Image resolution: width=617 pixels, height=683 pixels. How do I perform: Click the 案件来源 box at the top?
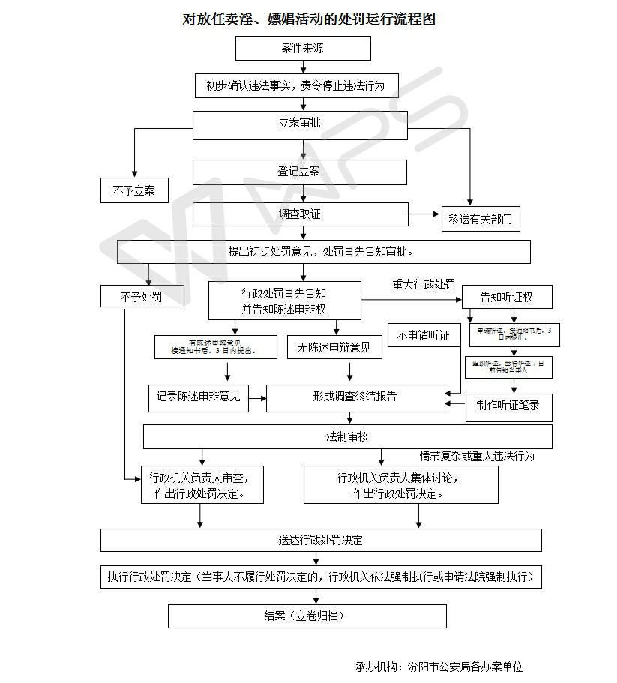pyautogui.click(x=303, y=49)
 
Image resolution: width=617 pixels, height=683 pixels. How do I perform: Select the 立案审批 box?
pyautogui.click(x=300, y=124)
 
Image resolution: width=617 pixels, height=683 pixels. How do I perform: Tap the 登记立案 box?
pyautogui.click(x=300, y=172)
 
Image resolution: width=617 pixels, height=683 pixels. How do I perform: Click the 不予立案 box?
pyautogui.click(x=134, y=190)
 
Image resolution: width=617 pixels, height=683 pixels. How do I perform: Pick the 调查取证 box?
pyautogui.click(x=300, y=214)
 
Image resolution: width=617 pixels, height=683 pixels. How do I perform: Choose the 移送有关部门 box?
pyautogui.click(x=480, y=219)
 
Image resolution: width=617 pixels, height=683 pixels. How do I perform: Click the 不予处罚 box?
pyautogui.click(x=142, y=297)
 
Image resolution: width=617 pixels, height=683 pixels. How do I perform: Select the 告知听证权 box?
pyautogui.click(x=507, y=297)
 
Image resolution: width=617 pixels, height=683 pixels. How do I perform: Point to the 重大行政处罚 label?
pyautogui.click(x=424, y=285)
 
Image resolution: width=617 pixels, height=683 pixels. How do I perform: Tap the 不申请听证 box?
pyautogui.click(x=424, y=335)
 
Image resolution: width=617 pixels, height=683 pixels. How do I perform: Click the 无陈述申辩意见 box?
pyautogui.click(x=334, y=346)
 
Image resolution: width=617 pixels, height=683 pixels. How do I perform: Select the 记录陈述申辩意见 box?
pyautogui.click(x=198, y=397)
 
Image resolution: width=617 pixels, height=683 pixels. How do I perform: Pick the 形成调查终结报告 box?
pyautogui.click(x=355, y=397)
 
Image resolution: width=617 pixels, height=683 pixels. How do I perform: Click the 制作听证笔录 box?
pyautogui.click(x=508, y=406)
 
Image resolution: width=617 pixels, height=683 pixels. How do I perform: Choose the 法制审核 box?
pyautogui.click(x=347, y=436)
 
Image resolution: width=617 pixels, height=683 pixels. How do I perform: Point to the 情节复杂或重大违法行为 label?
pyautogui.click(x=477, y=456)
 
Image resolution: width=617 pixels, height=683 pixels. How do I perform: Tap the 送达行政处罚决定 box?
pyautogui.click(x=321, y=540)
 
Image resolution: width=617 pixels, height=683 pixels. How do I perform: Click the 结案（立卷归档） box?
pyautogui.click(x=307, y=616)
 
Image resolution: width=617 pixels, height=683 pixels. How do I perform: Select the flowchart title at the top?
pyautogui.click(x=309, y=19)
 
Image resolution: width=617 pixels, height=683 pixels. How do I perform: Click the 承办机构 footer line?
pyautogui.click(x=439, y=666)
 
